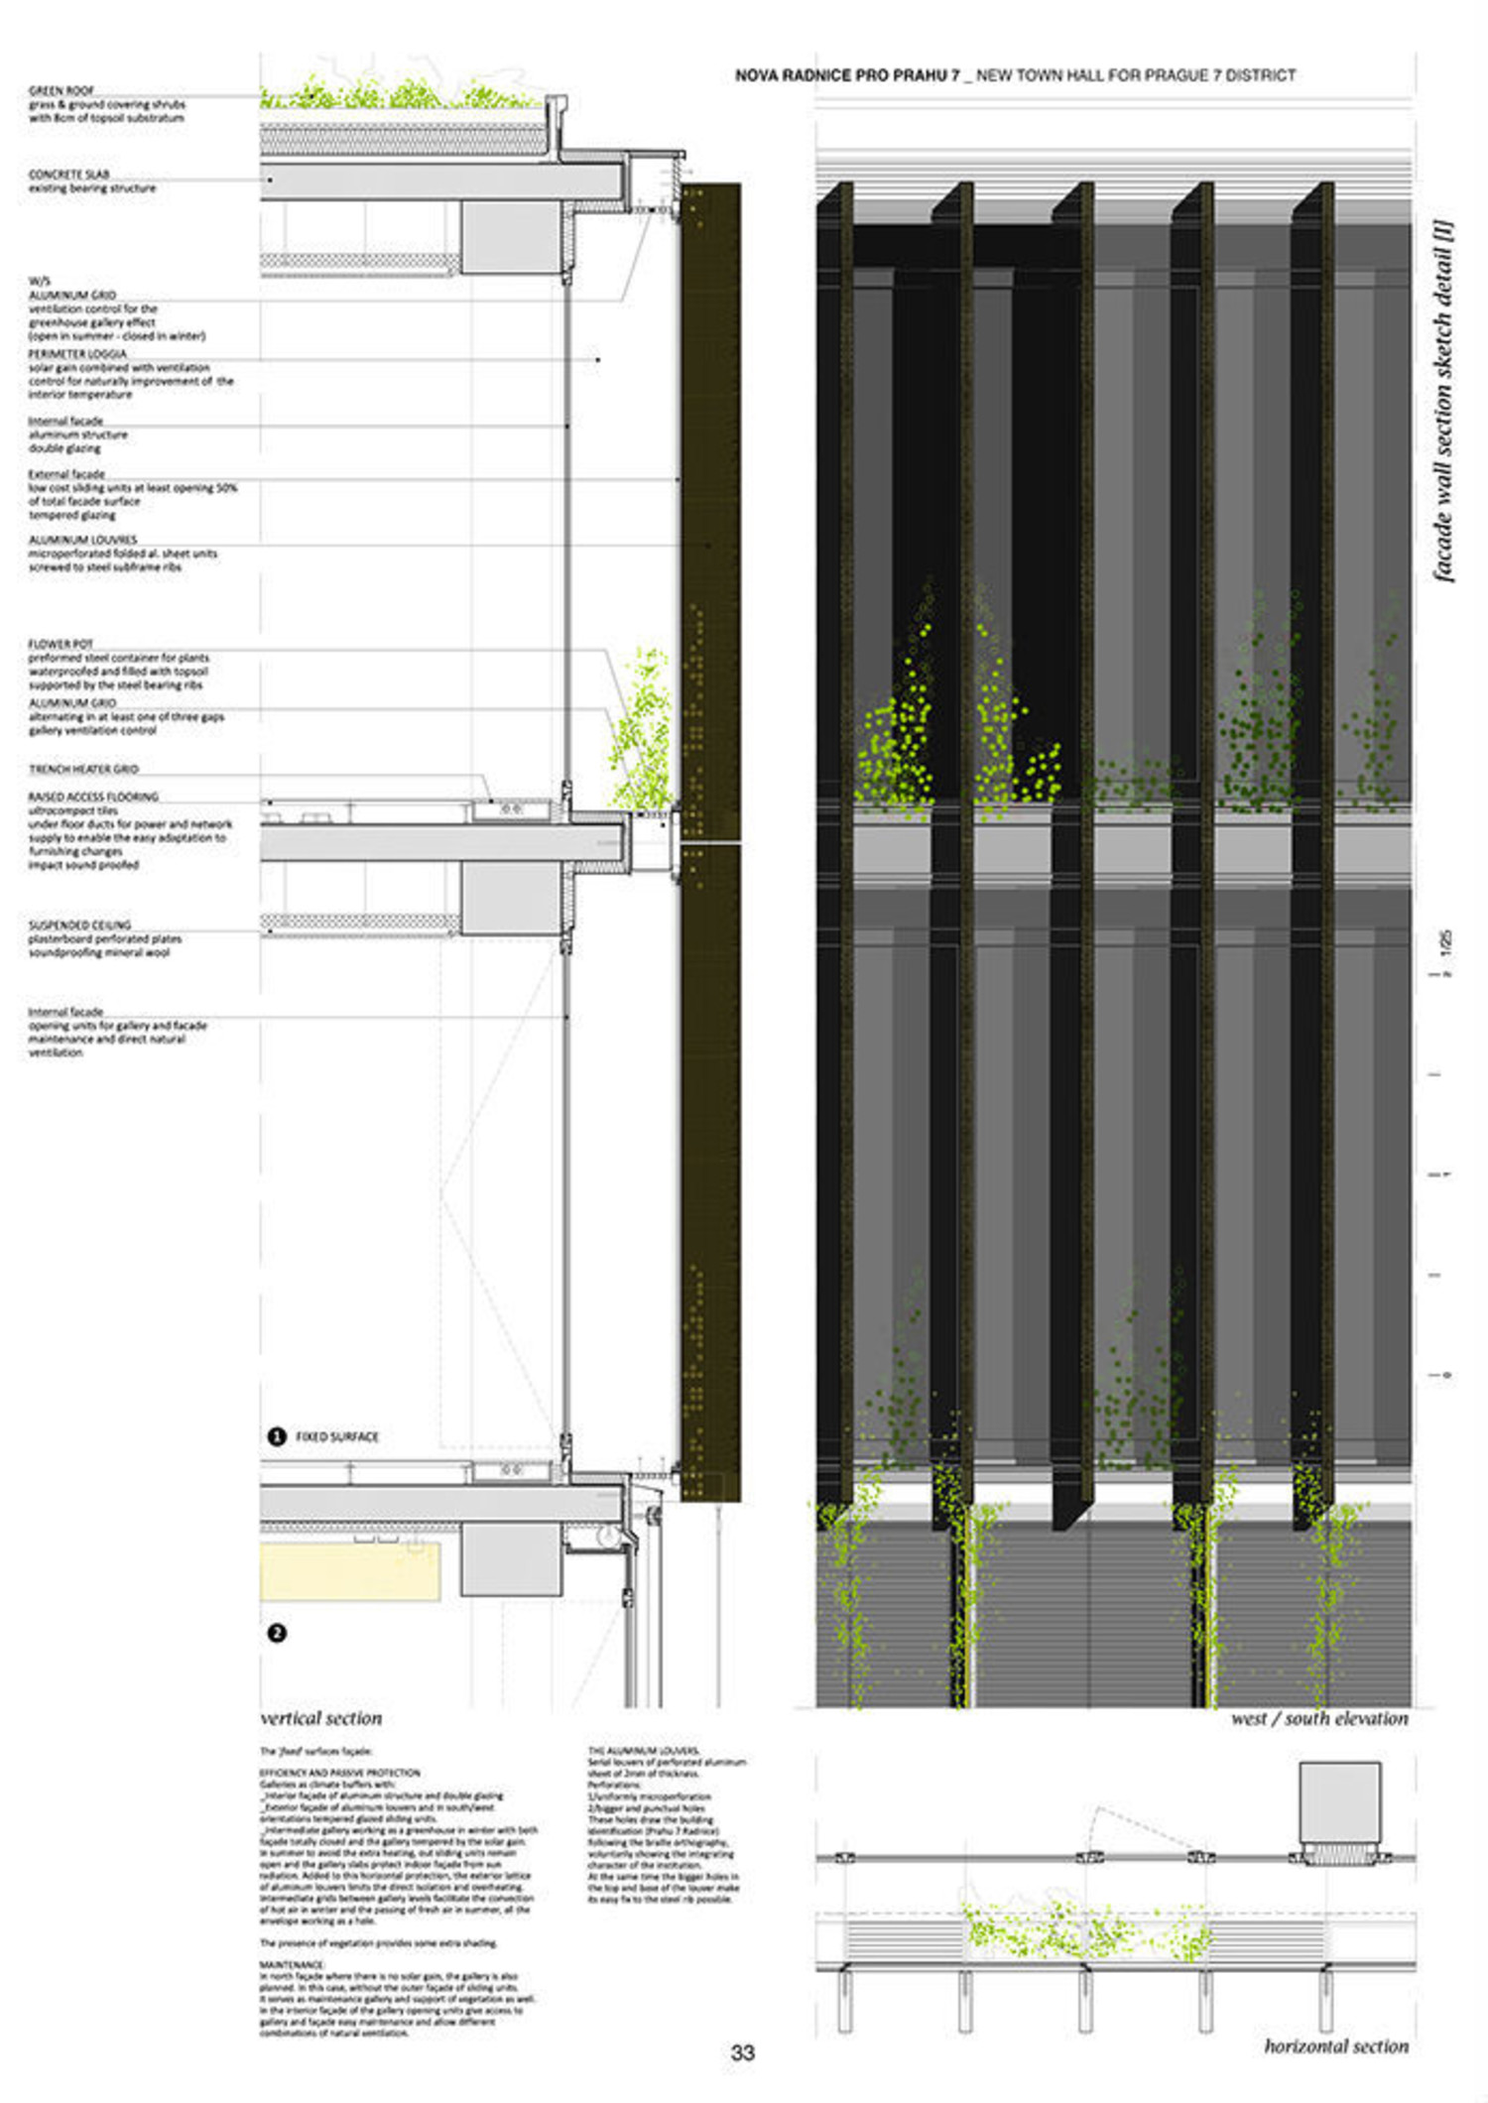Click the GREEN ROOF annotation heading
click(x=62, y=90)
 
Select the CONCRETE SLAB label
click(x=68, y=175)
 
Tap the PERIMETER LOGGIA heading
click(x=77, y=354)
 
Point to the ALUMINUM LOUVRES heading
click(x=82, y=540)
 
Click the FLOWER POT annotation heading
click(x=61, y=644)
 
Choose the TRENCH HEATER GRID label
click(x=83, y=769)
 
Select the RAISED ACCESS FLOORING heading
click(x=93, y=797)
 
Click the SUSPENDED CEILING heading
click(x=79, y=925)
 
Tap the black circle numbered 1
click(x=277, y=1436)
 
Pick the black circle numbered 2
click(x=277, y=1633)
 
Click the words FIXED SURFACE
click(x=337, y=1436)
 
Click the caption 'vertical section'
click(x=321, y=1719)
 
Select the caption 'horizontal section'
click(x=1336, y=2046)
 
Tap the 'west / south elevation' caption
click(x=1319, y=1719)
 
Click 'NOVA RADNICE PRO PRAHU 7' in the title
click(x=847, y=75)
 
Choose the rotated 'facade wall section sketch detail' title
click(x=1443, y=402)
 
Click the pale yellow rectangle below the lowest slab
click(x=349, y=1571)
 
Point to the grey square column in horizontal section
click(x=1339, y=1801)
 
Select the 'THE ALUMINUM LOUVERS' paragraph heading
click(x=644, y=1751)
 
